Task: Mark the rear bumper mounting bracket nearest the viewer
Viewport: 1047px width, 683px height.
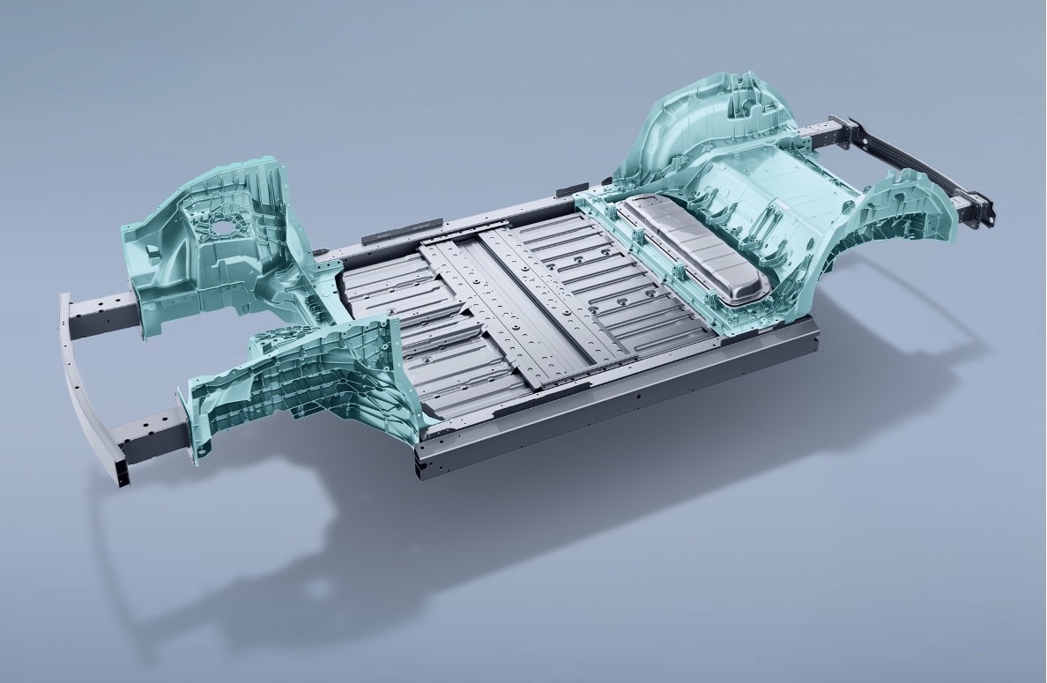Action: [x=978, y=212]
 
